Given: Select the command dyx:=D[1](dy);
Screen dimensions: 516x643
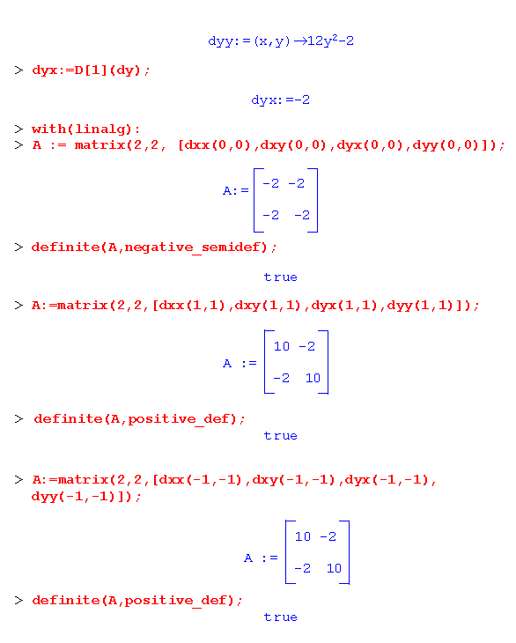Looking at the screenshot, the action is click(91, 70).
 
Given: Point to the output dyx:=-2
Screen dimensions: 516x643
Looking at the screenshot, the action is click(280, 100).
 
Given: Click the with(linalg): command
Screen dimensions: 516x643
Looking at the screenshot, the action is click(86, 129).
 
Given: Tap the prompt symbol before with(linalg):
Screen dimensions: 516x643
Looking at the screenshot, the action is click(18, 129).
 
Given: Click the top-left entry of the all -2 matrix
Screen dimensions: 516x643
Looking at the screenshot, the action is click(270, 183).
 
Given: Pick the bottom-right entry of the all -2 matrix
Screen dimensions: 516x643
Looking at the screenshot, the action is click(302, 215).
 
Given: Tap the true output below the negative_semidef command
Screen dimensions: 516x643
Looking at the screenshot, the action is click(280, 277).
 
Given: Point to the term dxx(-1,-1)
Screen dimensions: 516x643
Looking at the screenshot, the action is click(201, 480).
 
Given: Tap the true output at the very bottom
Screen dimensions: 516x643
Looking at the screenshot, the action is click(280, 617).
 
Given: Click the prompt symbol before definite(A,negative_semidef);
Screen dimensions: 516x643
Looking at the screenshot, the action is click(18, 247).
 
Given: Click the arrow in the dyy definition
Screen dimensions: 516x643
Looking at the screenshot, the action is click(300, 41).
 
